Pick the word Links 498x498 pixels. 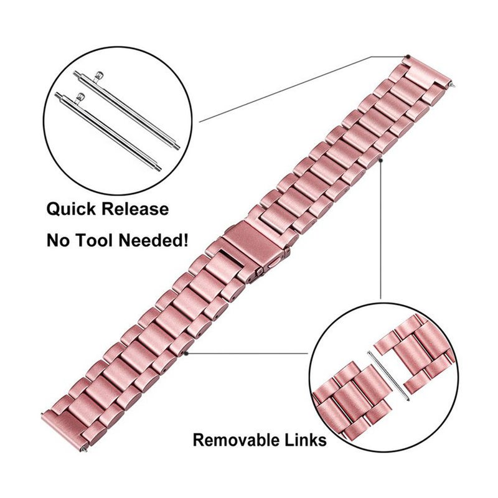coord(304,441)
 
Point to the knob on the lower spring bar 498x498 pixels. coord(82,95)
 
